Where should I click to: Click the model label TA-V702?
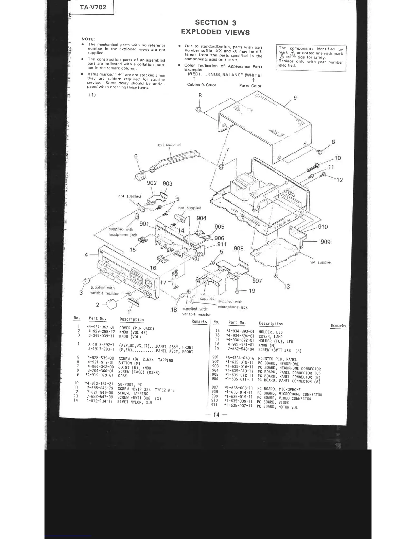pos(93,7)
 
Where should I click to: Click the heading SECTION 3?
pos(215,22)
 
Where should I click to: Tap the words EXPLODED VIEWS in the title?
pos(215,32)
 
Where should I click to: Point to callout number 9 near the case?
pos(295,98)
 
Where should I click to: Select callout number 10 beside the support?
pos(338,158)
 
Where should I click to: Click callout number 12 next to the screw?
pos(340,180)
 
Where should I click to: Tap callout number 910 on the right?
pos(323,227)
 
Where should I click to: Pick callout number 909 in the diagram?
pos(325,242)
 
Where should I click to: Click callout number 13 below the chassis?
pos(287,286)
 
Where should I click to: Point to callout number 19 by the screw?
pos(252,291)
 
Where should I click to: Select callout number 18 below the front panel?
pos(174,310)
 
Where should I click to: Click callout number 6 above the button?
pos(136,156)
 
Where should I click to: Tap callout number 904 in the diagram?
pos(201,218)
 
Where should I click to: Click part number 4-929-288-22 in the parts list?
pos(102,331)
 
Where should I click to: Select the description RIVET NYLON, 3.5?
pos(135,402)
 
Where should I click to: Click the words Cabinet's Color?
pos(202,85)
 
